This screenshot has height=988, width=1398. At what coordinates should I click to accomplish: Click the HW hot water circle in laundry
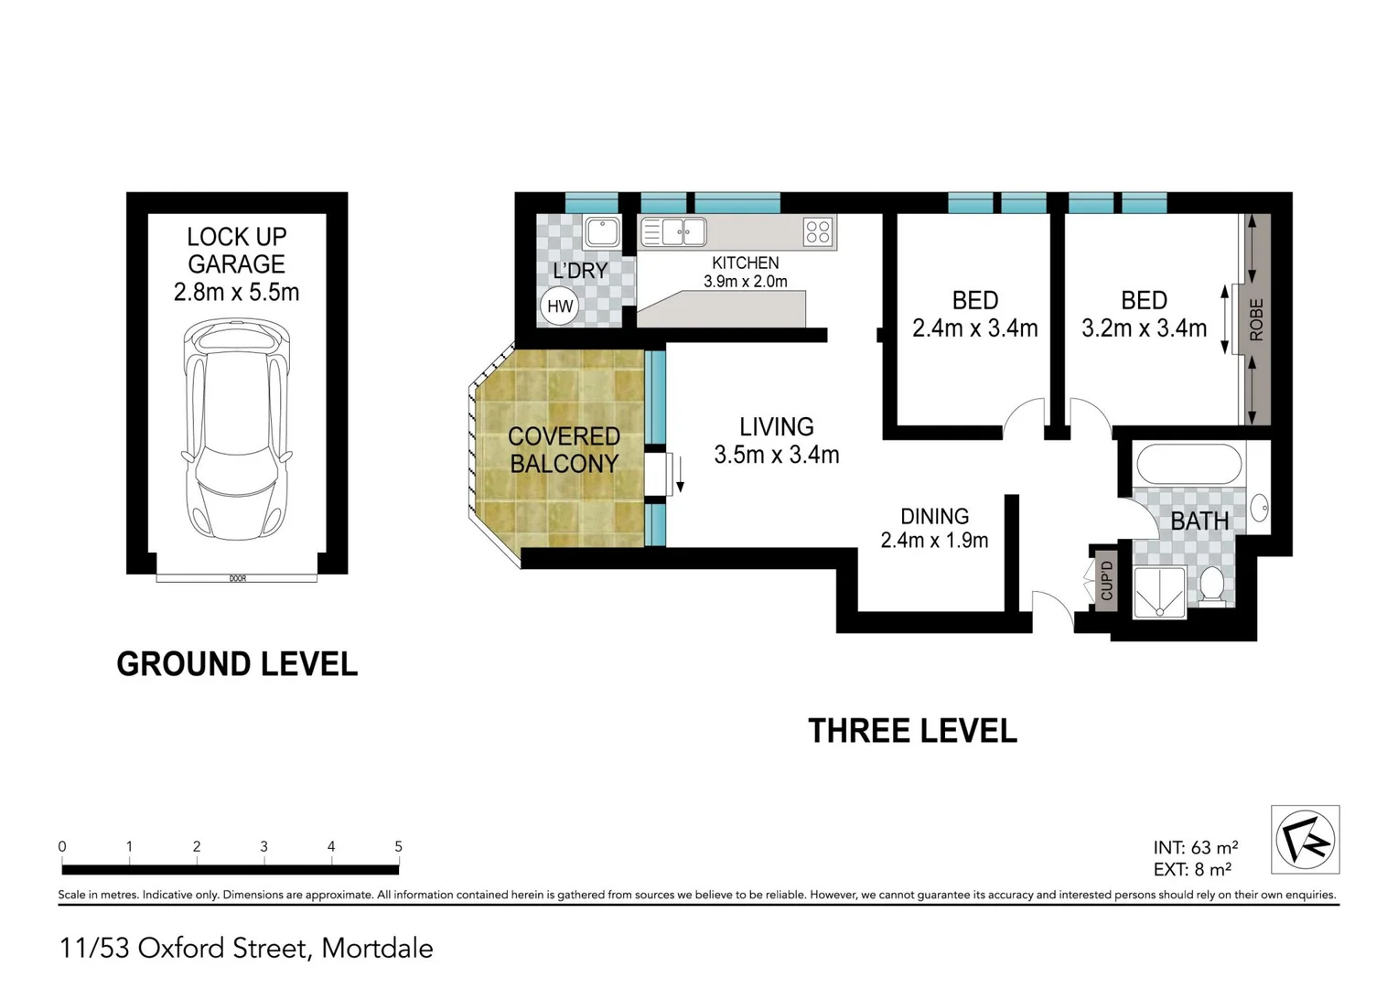coord(559,306)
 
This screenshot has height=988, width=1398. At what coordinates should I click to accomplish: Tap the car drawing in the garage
coord(237,428)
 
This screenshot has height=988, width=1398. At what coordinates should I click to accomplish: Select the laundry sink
coord(602,232)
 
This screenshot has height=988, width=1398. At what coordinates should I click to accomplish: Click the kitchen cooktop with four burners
coord(818,232)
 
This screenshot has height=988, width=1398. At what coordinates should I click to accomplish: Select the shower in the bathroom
coord(1159,593)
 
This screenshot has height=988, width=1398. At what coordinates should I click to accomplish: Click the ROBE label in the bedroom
coord(1256,319)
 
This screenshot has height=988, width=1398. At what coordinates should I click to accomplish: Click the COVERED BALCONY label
coord(564,450)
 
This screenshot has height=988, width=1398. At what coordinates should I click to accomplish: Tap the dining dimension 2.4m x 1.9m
coord(934,541)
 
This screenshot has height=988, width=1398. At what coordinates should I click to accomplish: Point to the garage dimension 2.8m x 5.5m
coord(236,293)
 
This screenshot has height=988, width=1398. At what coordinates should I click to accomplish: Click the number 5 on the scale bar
coord(398,847)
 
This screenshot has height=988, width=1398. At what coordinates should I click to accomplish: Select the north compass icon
coord(1305,840)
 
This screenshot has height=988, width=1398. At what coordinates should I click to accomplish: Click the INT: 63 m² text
coord(1195,848)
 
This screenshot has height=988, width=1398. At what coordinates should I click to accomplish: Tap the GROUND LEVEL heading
coord(237,664)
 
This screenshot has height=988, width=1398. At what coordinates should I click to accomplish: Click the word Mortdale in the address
coord(377,948)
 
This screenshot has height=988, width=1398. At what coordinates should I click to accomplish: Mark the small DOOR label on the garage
coord(237,578)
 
